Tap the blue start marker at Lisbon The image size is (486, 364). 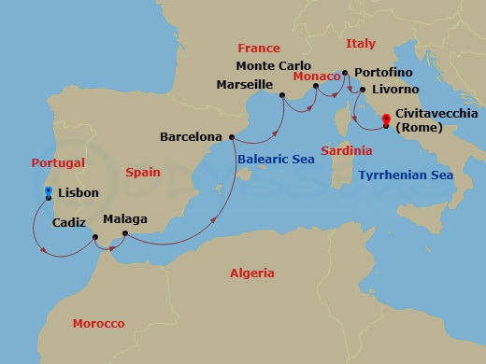[x=48, y=190]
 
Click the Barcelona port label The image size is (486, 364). [x=192, y=136]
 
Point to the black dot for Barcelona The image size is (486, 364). [x=231, y=136]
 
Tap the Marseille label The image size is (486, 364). [x=244, y=84]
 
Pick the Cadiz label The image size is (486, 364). [x=70, y=223]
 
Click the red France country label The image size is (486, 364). [x=258, y=47]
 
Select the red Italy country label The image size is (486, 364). [x=361, y=43]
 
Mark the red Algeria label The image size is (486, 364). [x=253, y=273]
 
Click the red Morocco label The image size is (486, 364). [x=98, y=323]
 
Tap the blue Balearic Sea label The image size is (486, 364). [x=276, y=160]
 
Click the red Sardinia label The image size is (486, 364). [x=346, y=150]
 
